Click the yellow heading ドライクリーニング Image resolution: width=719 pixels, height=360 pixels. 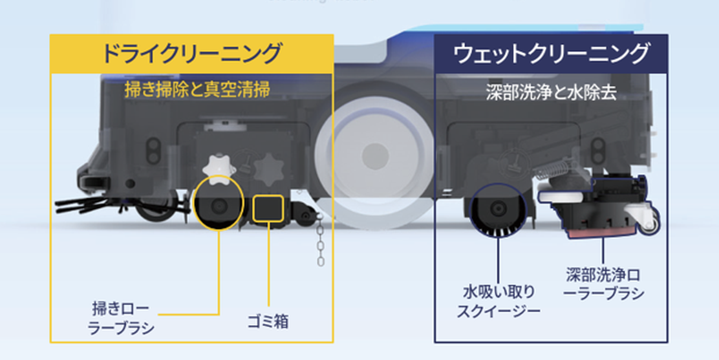[192, 53]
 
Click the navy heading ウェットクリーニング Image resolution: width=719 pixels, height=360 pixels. [551, 53]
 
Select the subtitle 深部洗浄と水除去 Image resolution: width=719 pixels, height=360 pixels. [551, 91]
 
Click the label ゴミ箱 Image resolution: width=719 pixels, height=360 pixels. [268, 320]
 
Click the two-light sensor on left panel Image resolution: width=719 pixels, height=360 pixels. [153, 149]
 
